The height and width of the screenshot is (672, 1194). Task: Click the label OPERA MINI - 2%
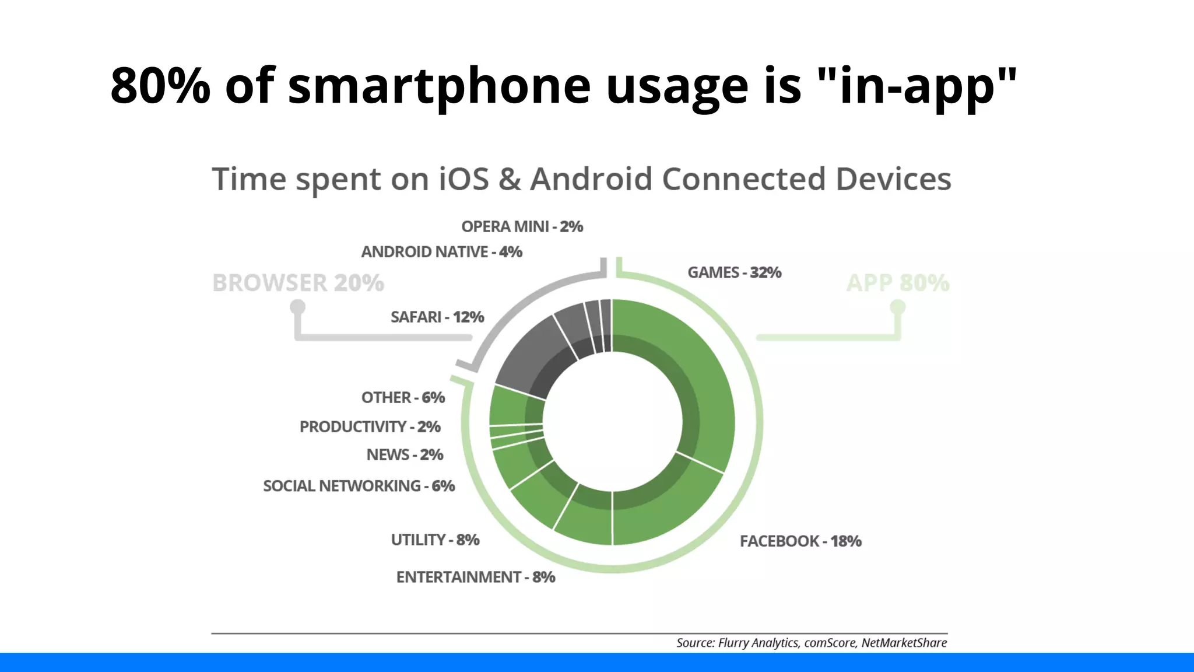coord(522,226)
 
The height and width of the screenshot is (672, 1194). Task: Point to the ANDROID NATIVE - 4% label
coord(441,252)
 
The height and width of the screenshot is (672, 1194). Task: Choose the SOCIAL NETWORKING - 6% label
coord(359,486)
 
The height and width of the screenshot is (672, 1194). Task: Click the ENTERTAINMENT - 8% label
coord(475,577)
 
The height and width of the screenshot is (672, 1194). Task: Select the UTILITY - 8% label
coord(435,540)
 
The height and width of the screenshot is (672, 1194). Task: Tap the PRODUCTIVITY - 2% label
coord(370,426)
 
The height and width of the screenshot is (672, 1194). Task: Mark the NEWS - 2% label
coord(405,454)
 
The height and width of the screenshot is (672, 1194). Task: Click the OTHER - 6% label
coord(403,397)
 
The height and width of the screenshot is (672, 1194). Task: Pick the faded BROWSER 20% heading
coord(298,283)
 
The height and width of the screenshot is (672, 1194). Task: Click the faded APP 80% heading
coord(897,283)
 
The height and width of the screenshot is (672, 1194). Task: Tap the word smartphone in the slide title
coord(439,86)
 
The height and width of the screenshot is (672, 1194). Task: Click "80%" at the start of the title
coord(160,86)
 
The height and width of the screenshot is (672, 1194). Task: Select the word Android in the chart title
coord(591,178)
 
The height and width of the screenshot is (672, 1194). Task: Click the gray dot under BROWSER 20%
coord(298,306)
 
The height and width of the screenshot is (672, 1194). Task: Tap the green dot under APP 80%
coord(898,306)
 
